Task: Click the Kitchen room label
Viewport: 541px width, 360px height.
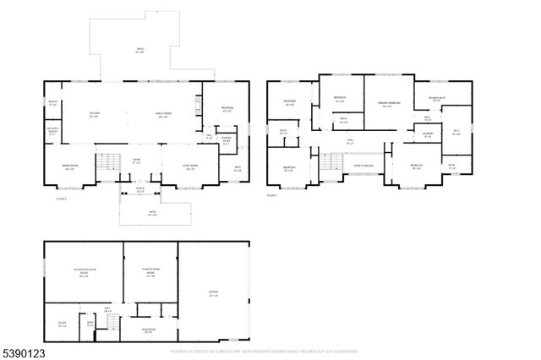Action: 96,115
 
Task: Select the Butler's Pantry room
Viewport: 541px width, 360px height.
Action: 52,131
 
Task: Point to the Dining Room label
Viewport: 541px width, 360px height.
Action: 70,167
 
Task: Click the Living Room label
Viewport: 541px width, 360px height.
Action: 191,167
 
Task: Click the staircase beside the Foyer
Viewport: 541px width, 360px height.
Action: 107,161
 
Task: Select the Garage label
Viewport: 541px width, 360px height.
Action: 214,295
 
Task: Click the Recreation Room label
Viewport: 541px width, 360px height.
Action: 83,274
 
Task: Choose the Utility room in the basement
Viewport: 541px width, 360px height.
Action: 63,324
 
